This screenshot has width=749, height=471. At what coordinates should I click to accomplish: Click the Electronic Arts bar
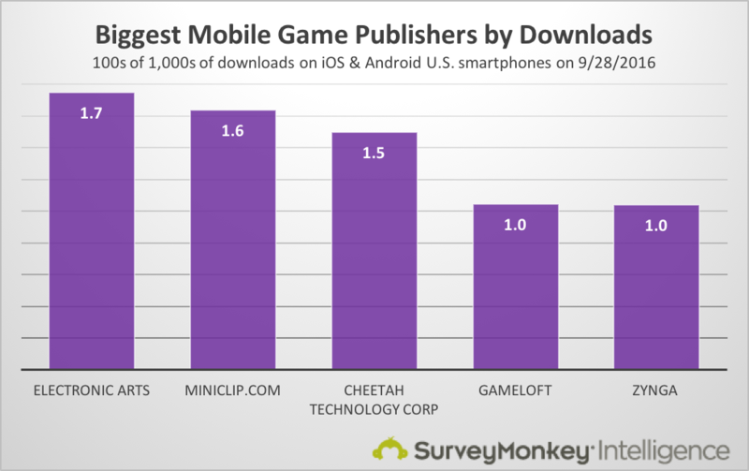point(93,243)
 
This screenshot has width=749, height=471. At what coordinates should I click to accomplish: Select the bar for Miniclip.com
point(233,253)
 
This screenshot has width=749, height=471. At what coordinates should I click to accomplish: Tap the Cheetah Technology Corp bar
point(374,262)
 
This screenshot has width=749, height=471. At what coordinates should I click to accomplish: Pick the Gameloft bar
point(516,290)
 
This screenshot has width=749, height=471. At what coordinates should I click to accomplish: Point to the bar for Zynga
point(656,290)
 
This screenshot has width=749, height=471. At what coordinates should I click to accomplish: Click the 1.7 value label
point(93,114)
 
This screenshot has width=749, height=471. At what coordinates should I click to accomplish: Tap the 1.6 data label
point(233,131)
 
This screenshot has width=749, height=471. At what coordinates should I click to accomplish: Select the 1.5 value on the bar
point(374,154)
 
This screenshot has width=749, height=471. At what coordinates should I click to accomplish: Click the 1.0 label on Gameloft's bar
point(516,226)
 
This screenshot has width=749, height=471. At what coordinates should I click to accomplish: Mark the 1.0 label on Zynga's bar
point(656,227)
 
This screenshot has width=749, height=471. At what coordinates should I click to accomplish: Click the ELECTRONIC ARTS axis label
point(93,388)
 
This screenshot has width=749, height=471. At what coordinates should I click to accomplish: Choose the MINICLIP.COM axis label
point(233,388)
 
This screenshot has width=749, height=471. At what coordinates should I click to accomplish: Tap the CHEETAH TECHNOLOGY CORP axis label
point(374,396)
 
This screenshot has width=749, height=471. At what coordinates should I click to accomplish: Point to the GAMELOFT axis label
point(516,388)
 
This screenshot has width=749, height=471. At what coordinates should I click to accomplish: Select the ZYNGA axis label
point(656,388)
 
